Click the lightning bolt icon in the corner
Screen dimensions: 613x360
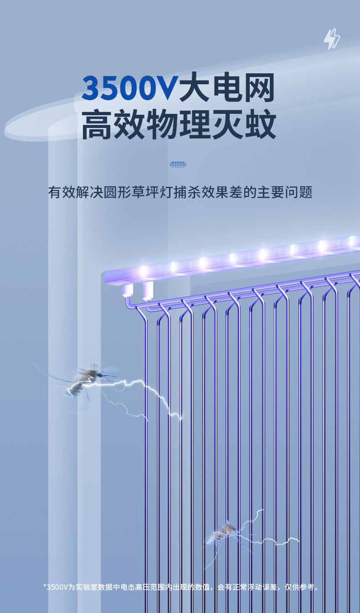(x=332, y=39)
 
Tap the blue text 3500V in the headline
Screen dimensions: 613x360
(x=129, y=88)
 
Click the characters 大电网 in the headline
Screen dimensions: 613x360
(x=227, y=88)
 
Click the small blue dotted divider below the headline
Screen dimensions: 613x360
(x=178, y=164)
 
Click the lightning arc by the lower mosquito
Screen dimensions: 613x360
(x=269, y=537)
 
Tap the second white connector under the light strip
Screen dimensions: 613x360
(x=148, y=290)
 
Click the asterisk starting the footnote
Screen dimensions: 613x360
(x=45, y=587)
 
